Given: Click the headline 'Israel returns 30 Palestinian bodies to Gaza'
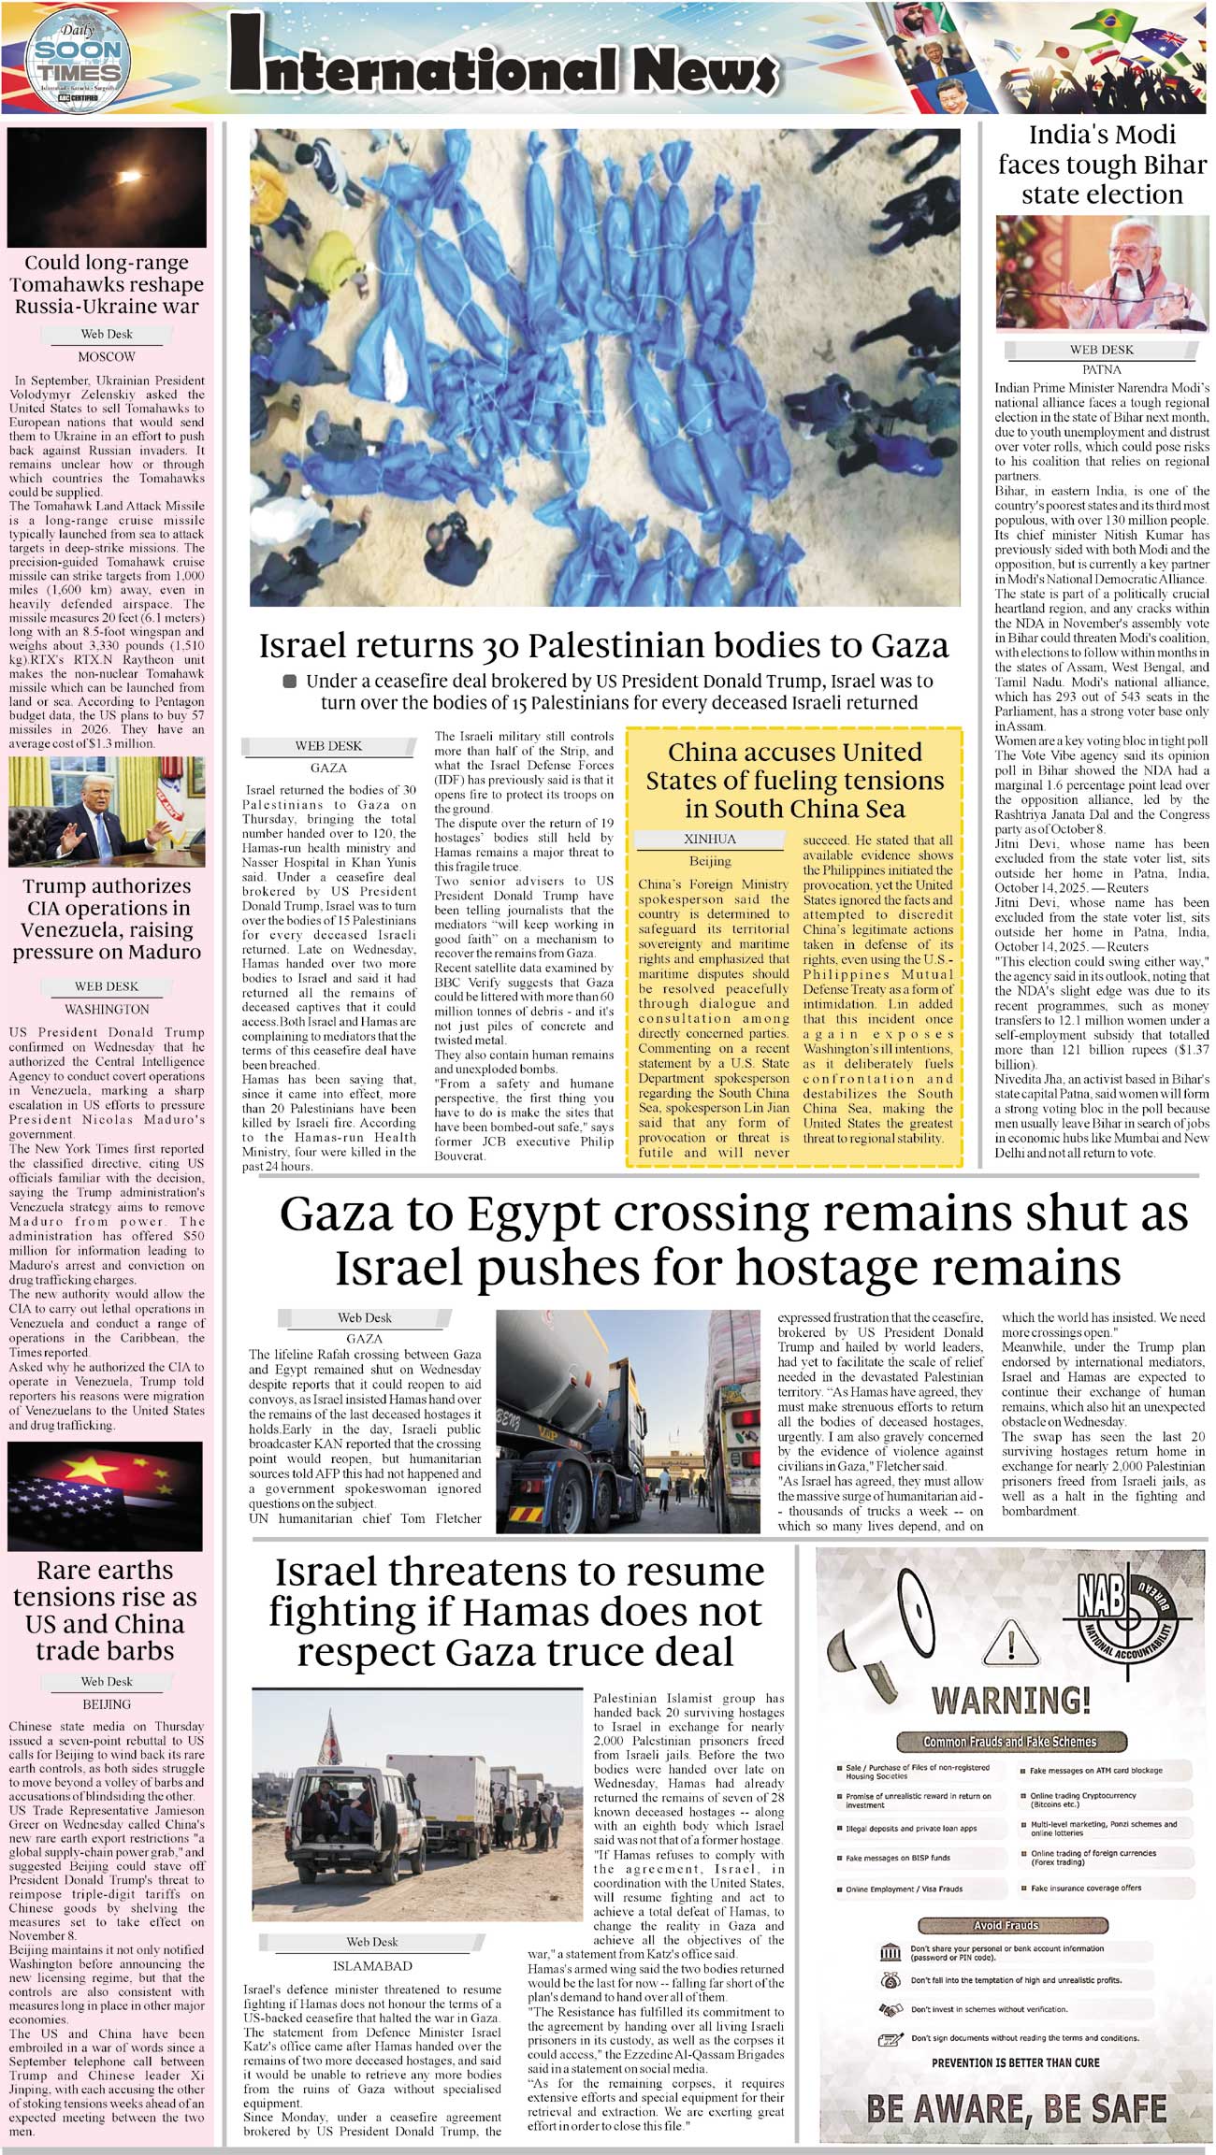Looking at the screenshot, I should pos(603,646).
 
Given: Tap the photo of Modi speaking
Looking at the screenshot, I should pos(1102,273).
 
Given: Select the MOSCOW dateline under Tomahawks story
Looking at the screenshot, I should pos(107,357).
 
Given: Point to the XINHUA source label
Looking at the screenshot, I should pos(710,839).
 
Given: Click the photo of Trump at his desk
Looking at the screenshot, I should pos(107,812).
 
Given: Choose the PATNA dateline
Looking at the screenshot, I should pos(1101,369).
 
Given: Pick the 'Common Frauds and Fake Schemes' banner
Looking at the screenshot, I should pos(1009,1742).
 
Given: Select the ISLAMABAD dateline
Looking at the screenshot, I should pos(372,1966).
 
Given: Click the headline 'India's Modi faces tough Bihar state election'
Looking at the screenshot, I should pos(1102,165).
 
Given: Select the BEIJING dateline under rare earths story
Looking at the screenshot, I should pos(107,1704).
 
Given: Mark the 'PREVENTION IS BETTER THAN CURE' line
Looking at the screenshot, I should pos(1015,2062).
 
